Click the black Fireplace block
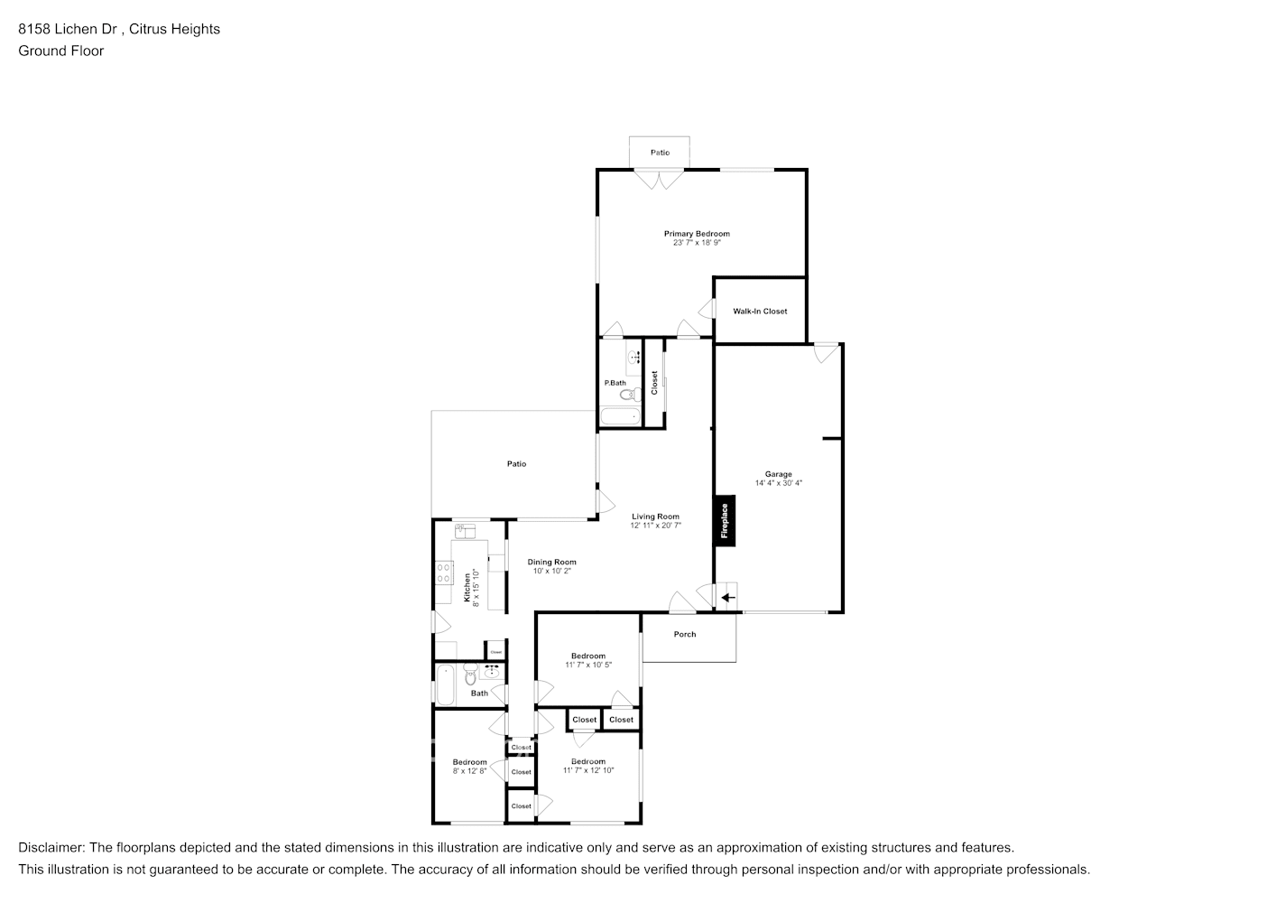point(725,521)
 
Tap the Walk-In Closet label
point(760,312)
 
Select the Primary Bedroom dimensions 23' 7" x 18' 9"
point(696,243)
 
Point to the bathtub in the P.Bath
point(620,418)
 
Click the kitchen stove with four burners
point(443,572)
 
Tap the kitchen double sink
point(464,531)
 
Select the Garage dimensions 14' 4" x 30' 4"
point(778,483)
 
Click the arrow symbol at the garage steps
point(727,597)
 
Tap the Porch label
point(685,634)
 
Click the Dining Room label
point(551,562)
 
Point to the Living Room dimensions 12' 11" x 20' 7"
point(655,526)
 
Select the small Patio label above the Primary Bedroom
point(660,153)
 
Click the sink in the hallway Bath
point(492,673)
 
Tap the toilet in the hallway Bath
point(470,675)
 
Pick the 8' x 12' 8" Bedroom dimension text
point(469,771)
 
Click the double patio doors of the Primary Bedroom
point(660,178)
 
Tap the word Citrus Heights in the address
point(174,29)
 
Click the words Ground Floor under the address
point(60,51)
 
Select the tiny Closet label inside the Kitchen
point(495,651)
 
